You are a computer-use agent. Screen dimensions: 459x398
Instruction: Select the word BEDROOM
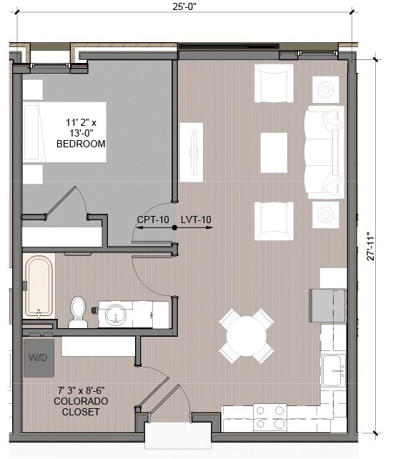81,144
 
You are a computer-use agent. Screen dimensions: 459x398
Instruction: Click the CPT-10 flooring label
153,219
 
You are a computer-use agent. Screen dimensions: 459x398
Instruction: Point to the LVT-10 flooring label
196,219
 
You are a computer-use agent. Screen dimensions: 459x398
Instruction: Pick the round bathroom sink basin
114,313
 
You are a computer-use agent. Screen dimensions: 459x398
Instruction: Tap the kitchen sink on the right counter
333,370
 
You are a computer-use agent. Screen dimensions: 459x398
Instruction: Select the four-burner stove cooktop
270,417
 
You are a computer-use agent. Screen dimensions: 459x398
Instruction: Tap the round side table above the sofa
327,89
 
